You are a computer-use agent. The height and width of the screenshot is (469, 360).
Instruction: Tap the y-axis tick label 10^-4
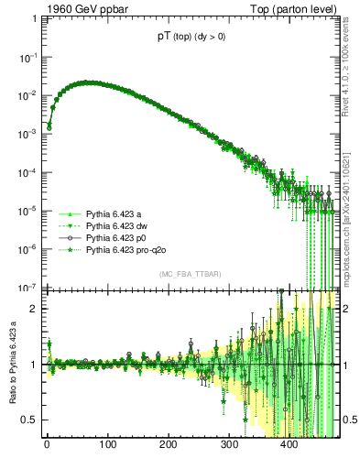[27, 171]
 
